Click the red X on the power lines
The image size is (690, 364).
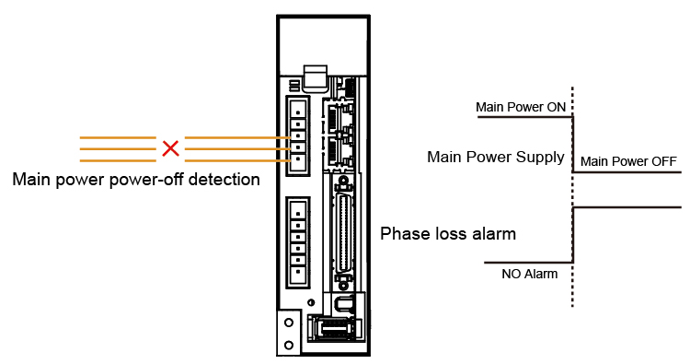tap(170, 148)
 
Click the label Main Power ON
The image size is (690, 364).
tap(521, 107)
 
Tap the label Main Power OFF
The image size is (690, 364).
tap(628, 161)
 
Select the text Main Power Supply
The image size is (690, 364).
tap(496, 157)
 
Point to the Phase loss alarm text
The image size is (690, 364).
tap(448, 233)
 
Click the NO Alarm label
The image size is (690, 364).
tap(529, 274)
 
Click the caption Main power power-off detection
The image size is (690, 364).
tap(136, 180)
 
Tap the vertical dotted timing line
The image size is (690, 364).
tap(572, 196)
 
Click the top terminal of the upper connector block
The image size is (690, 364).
tap(298, 107)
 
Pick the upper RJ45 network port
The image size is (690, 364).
tap(338, 117)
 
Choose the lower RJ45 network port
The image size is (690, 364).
tap(338, 151)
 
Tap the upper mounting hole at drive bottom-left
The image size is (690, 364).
tap(289, 323)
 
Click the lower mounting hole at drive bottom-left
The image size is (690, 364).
tap(289, 345)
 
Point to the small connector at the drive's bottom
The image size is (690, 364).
tap(336, 328)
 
